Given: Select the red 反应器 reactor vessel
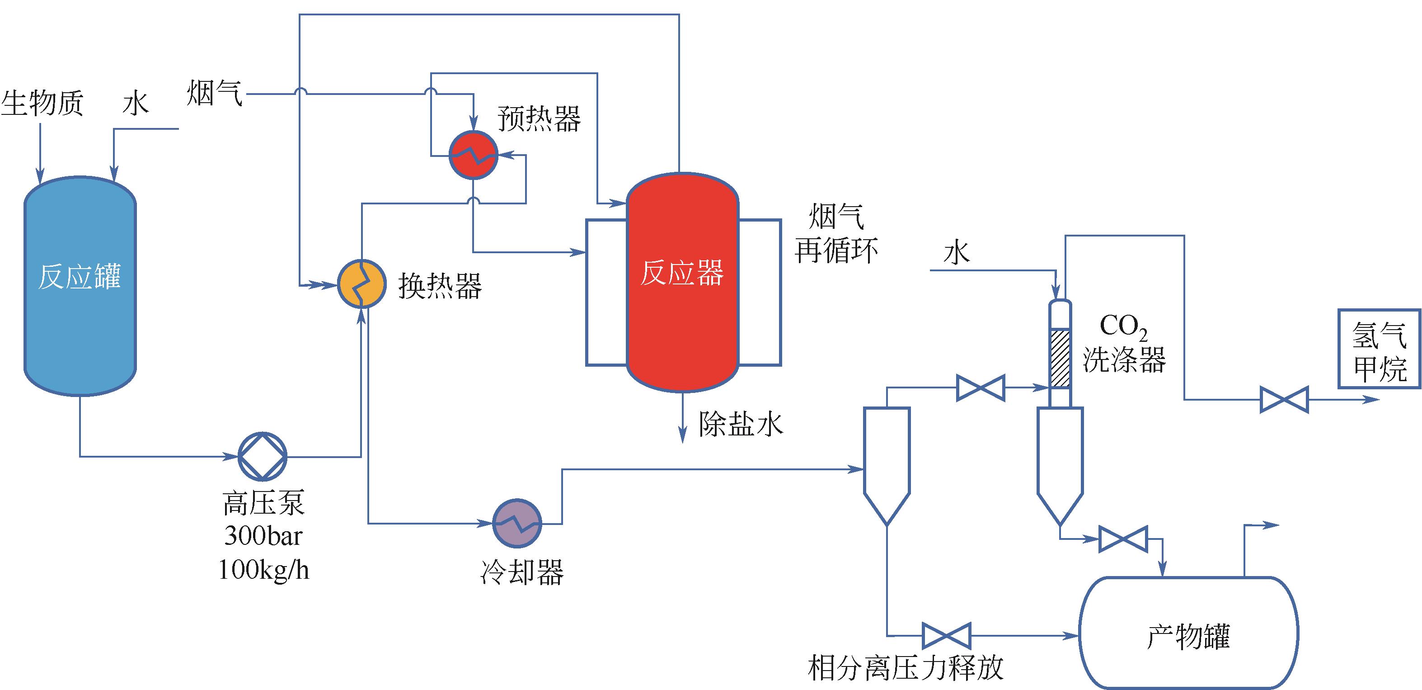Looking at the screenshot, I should click(x=682, y=282).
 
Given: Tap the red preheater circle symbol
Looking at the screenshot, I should click(x=473, y=155).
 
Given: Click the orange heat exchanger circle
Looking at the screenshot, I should click(x=361, y=284).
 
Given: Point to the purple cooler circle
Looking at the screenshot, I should click(x=516, y=523).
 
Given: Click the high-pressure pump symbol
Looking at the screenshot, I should click(x=262, y=456).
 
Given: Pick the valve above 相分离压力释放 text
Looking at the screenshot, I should click(x=946, y=635).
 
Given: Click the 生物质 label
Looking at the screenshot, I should click(x=42, y=103).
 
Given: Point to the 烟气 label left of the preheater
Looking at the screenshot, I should click(x=215, y=92).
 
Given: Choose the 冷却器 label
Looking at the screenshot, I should click(x=521, y=572).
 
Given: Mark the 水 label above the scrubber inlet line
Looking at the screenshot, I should click(x=957, y=254).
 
